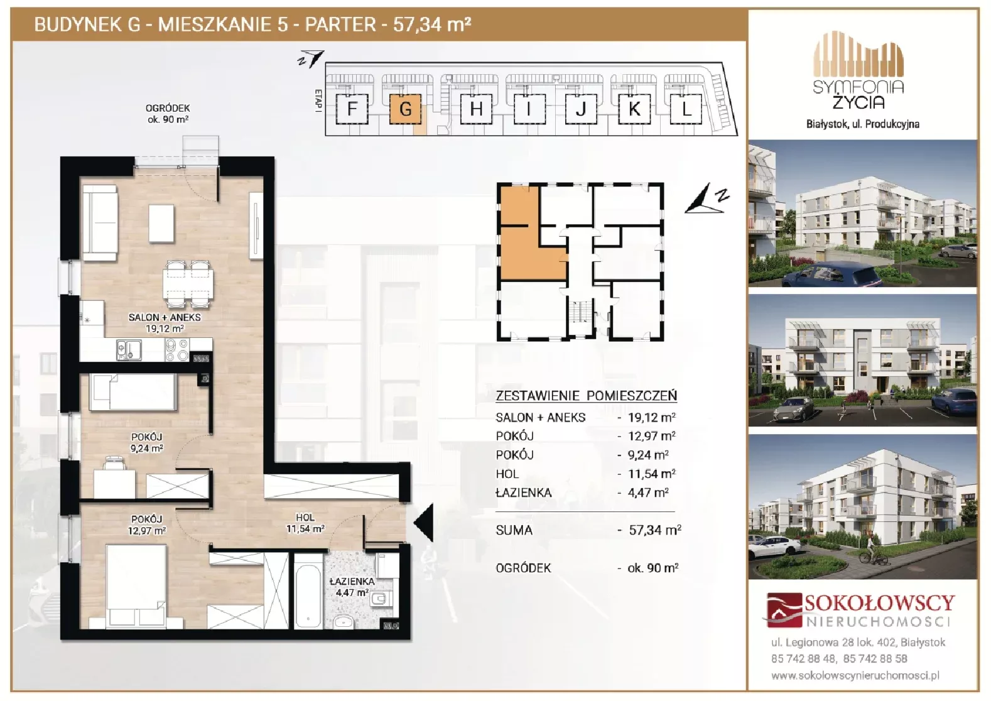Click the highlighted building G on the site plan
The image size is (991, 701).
point(405,109)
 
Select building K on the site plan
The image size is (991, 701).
point(634,109)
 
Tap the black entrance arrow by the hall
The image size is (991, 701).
point(423,523)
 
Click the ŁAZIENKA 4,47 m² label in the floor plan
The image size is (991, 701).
point(352,587)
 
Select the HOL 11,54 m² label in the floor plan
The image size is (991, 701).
point(305,523)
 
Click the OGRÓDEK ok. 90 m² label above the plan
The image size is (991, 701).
point(168,113)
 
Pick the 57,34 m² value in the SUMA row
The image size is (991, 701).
point(655,530)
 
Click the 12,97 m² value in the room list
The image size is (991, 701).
point(652,436)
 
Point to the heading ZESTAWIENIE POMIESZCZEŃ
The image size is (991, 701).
point(586,395)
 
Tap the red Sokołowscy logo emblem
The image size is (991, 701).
point(784,610)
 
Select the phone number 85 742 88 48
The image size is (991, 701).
point(803,658)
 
